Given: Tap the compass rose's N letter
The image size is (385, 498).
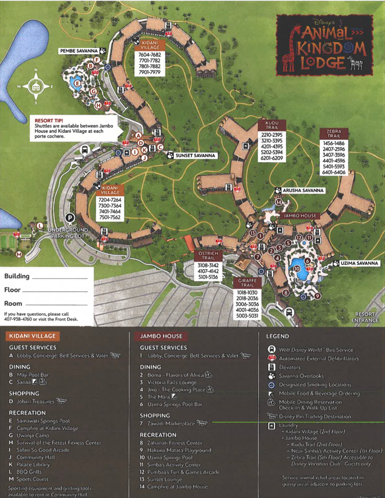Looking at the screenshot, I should point(36,70).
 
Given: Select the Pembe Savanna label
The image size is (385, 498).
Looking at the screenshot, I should point(79,51).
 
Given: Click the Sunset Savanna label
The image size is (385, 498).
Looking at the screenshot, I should point(196,155).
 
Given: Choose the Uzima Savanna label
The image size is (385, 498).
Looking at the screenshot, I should point(359,263).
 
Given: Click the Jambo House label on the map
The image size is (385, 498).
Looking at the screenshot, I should point(301,215).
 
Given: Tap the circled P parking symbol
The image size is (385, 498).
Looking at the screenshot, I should point(71,218).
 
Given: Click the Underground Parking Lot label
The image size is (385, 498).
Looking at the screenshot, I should point(68,233).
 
